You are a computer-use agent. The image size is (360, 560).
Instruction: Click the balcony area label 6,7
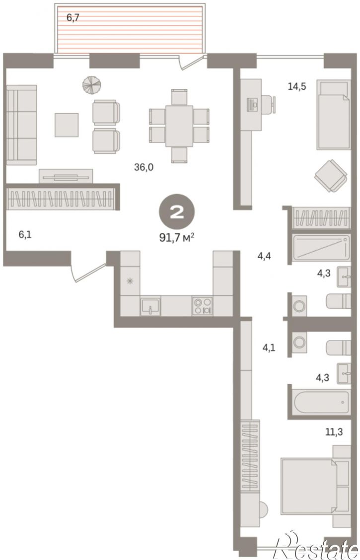pos(73,17)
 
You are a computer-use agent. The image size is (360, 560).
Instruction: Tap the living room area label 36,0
pos(144,167)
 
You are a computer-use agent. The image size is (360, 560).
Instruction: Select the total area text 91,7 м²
pos(177,237)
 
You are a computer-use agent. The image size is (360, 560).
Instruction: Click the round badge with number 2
pos(177,212)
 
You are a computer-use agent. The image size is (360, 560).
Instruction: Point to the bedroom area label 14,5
pos(297,86)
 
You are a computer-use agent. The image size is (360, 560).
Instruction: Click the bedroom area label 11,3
pos(334,432)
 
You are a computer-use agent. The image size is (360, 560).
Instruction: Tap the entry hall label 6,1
pos(25,235)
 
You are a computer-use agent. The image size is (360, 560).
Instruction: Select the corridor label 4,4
pos(264,256)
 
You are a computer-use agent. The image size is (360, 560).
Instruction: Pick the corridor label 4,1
pos(269,348)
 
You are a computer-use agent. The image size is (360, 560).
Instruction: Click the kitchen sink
pos(150,306)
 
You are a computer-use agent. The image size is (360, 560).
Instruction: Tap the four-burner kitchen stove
pos(203,306)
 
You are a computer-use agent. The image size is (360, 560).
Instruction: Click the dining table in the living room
pos(179,126)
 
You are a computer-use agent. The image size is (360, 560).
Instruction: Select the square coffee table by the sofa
pos(67,125)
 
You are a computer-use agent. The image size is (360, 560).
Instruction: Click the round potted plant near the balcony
pos(91,85)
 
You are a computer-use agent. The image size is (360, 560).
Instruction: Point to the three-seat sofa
pos(21,125)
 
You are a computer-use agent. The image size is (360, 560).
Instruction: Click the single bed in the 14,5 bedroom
pos(333,115)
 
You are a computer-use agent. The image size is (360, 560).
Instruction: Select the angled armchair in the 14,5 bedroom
pos(331,176)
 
